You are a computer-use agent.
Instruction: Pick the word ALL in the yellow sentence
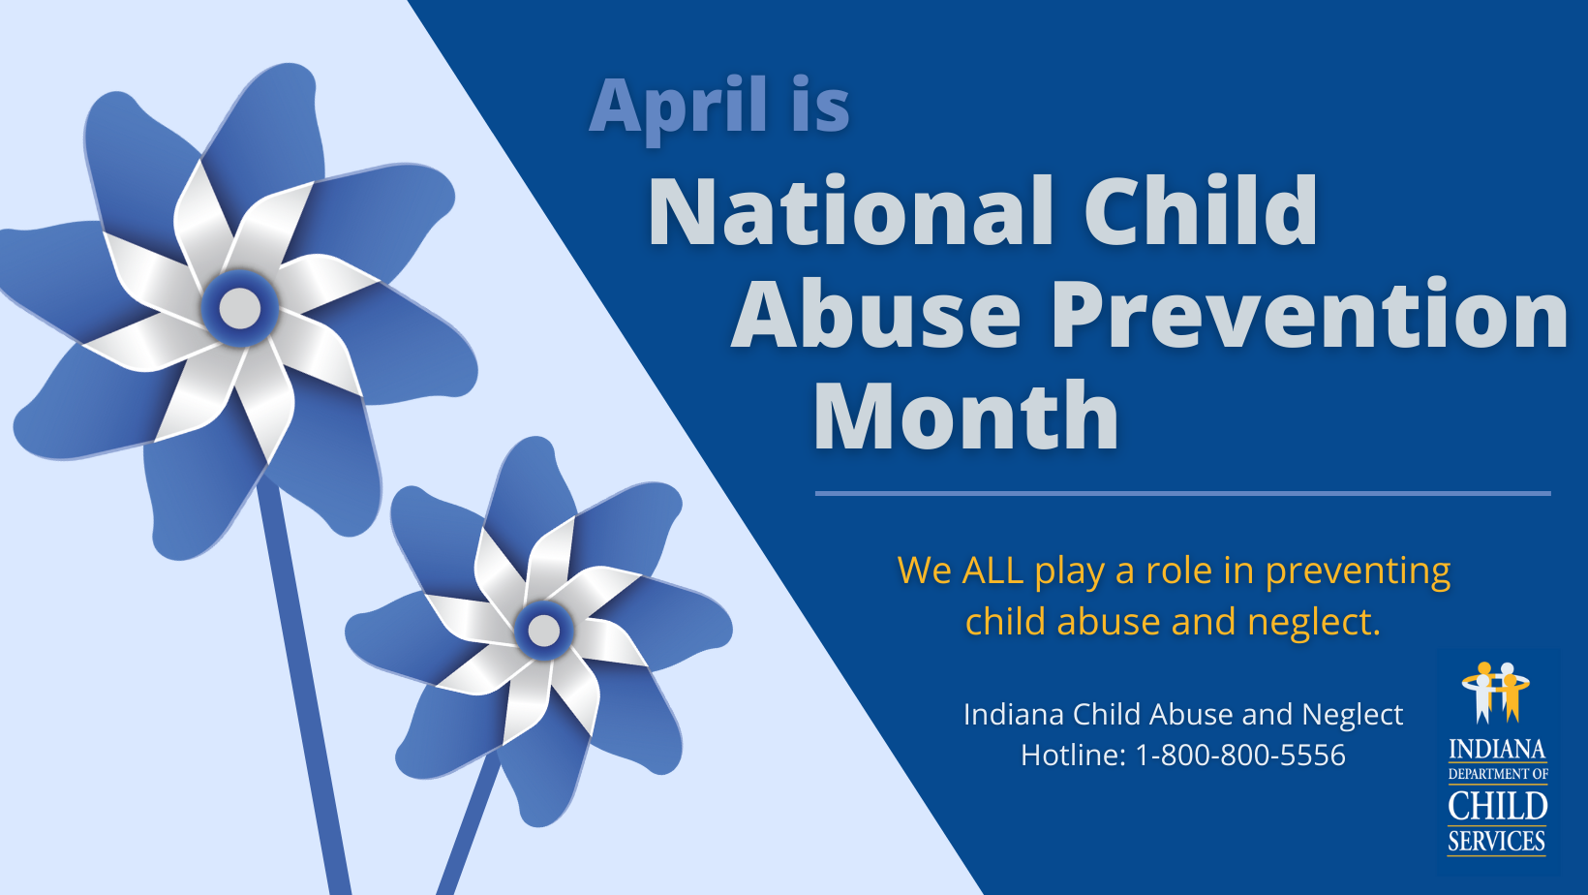click(x=992, y=571)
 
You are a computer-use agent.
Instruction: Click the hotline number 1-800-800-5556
click(x=1240, y=755)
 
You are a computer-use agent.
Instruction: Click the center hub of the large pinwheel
click(x=240, y=309)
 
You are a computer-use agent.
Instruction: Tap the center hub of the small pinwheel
click(x=543, y=631)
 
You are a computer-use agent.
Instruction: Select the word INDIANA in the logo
click(x=1497, y=750)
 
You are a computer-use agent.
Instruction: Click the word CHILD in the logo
click(x=1497, y=806)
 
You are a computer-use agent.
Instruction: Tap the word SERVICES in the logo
click(x=1497, y=841)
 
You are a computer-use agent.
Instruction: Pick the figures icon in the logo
click(x=1496, y=692)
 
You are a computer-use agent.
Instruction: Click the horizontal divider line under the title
click(x=1182, y=493)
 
